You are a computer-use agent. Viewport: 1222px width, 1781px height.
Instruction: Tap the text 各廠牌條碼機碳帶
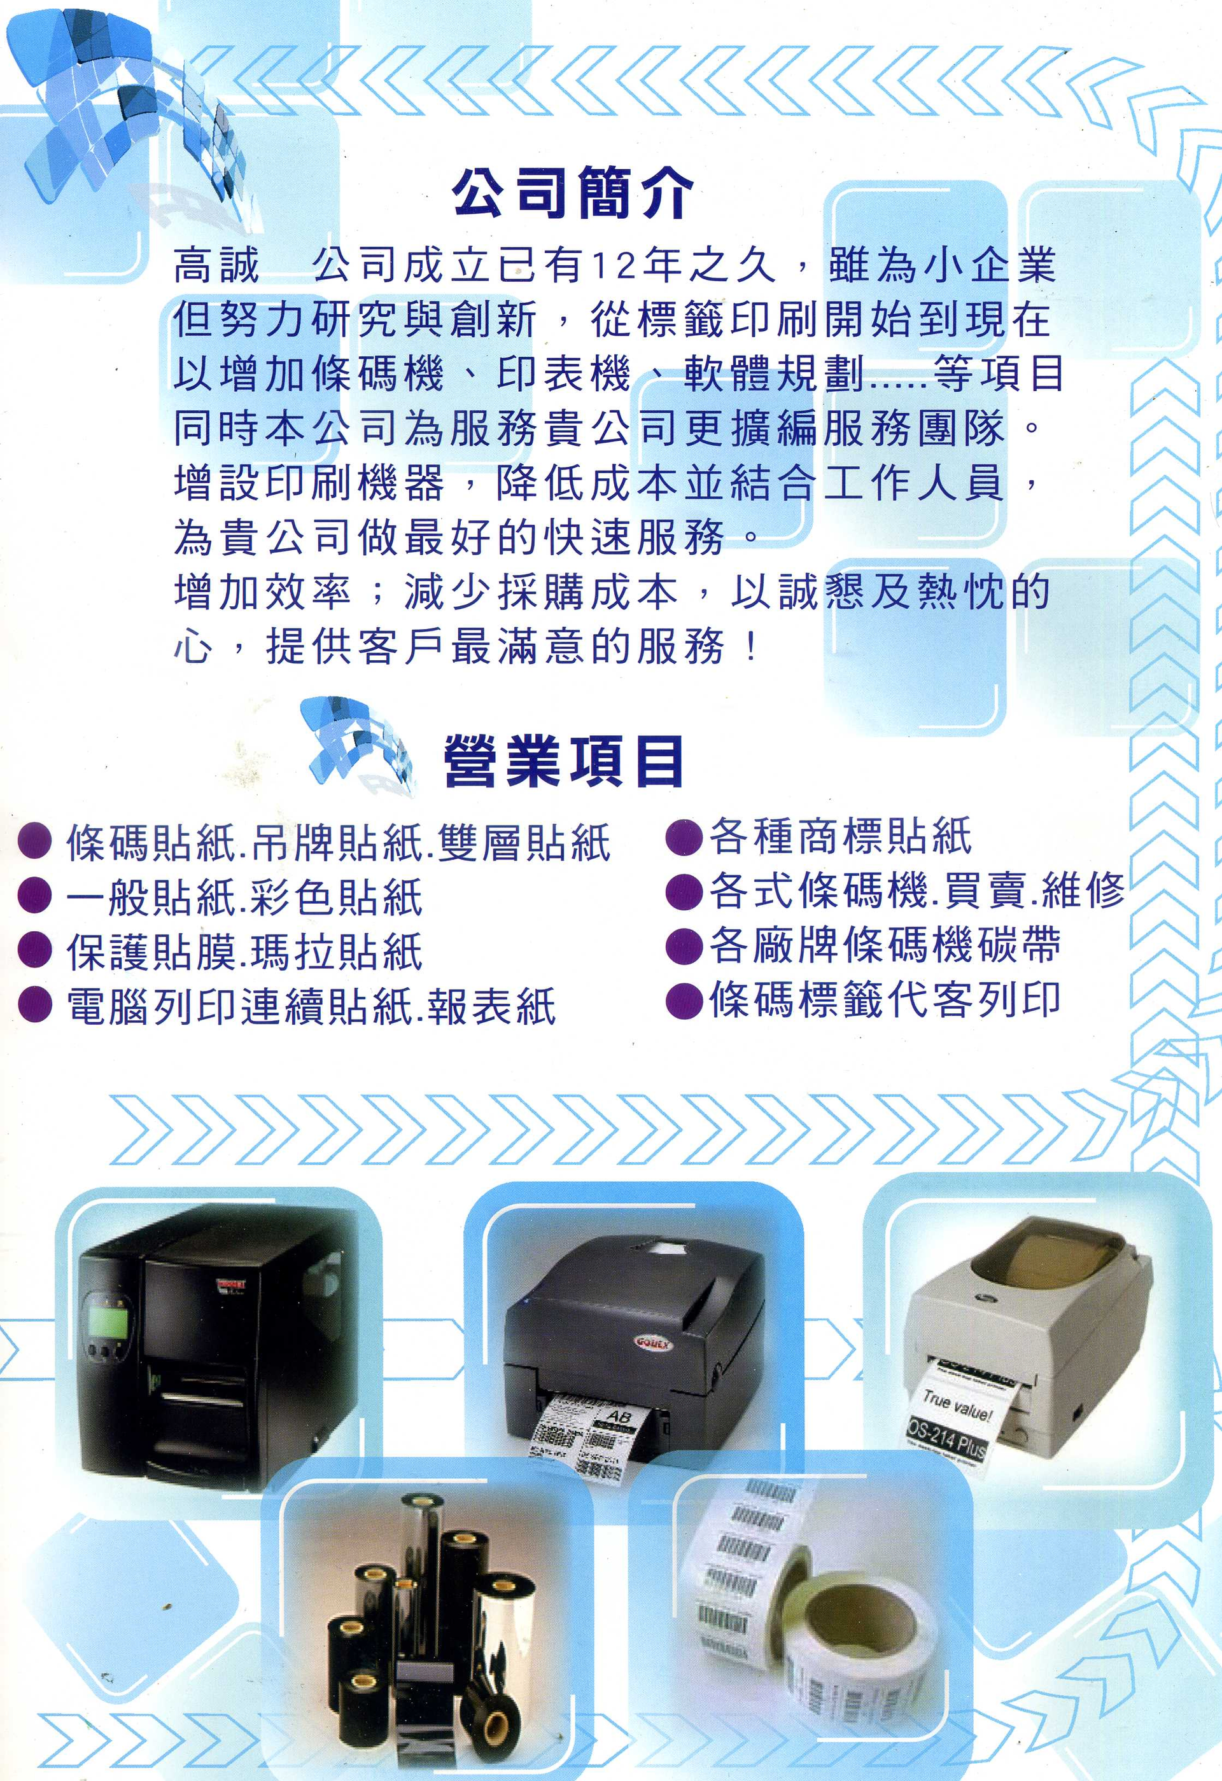point(885,945)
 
